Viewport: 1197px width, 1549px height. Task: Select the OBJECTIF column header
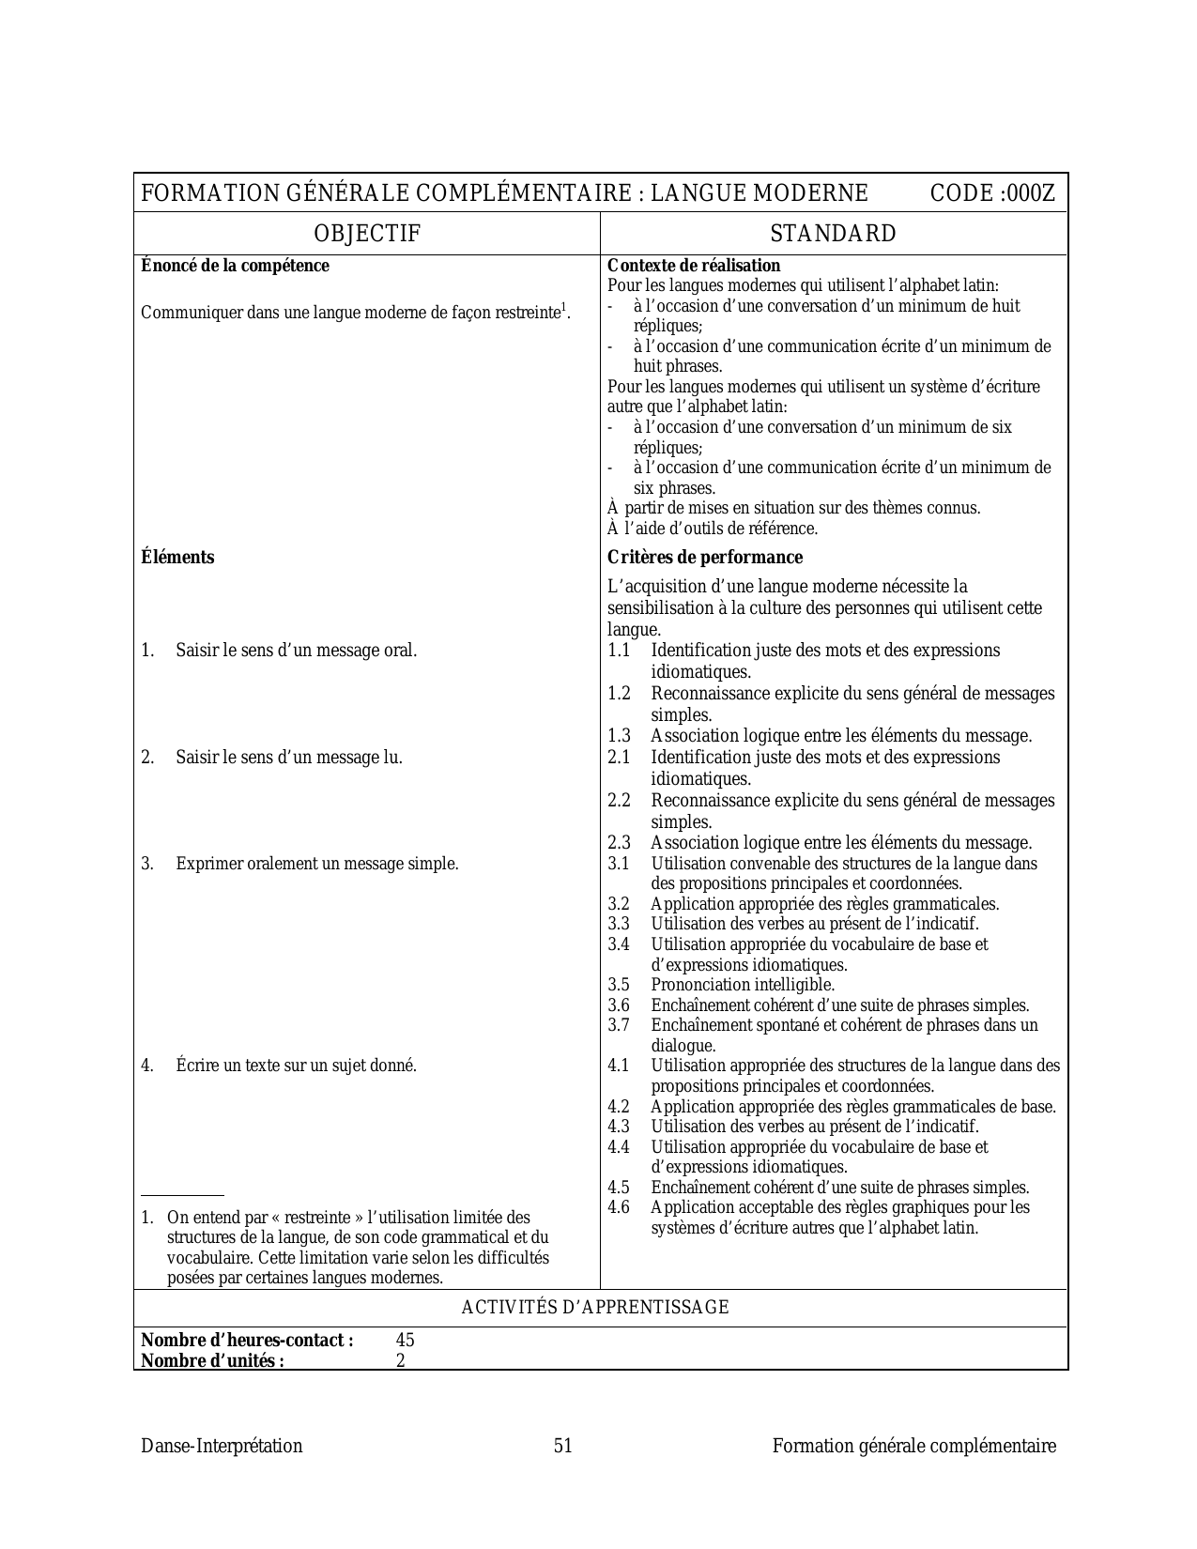pyautogui.click(x=367, y=234)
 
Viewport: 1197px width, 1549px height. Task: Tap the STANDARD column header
pyautogui.click(x=833, y=234)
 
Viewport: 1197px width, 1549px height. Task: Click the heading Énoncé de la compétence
pyautogui.click(x=235, y=266)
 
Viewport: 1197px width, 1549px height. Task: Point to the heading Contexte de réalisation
pyautogui.click(x=694, y=266)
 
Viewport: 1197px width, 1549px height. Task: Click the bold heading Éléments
pyautogui.click(x=177, y=558)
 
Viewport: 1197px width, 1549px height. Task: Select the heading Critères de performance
pyautogui.click(x=705, y=558)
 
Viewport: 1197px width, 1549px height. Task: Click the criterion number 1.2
pyautogui.click(x=619, y=694)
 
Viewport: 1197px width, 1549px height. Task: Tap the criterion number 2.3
pyautogui.click(x=619, y=843)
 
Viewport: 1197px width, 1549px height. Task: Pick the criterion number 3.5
pyautogui.click(x=619, y=985)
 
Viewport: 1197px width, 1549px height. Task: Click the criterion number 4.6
pyautogui.click(x=619, y=1207)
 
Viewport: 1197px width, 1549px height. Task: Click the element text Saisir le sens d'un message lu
pyautogui.click(x=289, y=758)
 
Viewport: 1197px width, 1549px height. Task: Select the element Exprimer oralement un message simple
pyautogui.click(x=317, y=864)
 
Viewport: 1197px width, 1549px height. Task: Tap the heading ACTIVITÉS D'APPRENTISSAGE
pyautogui.click(x=595, y=1308)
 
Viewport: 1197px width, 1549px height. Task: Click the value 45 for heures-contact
pyautogui.click(x=405, y=1341)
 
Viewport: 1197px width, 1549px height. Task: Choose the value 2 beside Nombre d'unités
pyautogui.click(x=400, y=1360)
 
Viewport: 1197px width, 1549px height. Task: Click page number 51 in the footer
pyautogui.click(x=563, y=1447)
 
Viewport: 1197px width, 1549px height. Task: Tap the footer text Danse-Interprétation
pyautogui.click(x=222, y=1447)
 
